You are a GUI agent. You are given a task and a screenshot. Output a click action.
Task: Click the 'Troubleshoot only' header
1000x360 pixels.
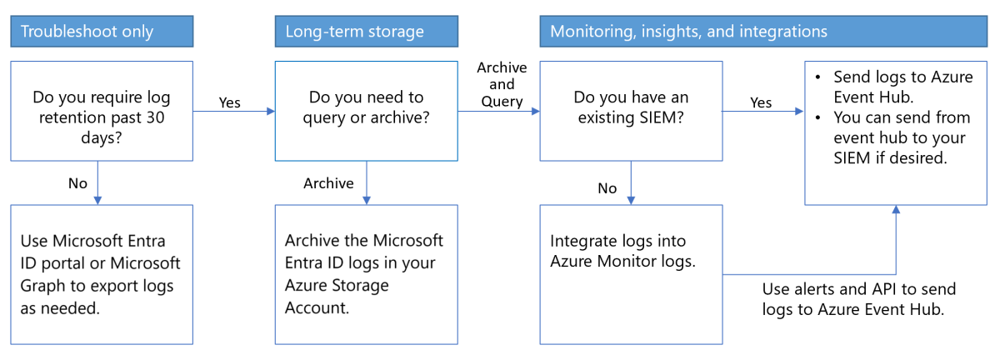pyautogui.click(x=101, y=32)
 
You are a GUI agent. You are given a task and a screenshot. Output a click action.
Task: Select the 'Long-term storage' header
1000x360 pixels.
pyautogui.click(x=366, y=32)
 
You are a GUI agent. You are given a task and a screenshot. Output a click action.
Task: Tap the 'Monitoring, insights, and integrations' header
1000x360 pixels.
pyautogui.click(x=762, y=32)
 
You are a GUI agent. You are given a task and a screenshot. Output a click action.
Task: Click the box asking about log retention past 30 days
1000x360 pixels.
pyautogui.click(x=101, y=109)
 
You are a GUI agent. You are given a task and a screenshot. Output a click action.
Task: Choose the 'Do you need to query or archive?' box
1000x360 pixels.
pyautogui.click(x=366, y=109)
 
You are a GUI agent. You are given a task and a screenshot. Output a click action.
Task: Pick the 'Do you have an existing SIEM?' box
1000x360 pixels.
pyautogui.click(x=631, y=109)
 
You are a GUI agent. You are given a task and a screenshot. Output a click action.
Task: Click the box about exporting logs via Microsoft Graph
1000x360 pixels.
pyautogui.click(x=101, y=273)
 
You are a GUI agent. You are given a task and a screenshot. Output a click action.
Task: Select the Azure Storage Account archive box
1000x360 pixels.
pyautogui.click(x=366, y=273)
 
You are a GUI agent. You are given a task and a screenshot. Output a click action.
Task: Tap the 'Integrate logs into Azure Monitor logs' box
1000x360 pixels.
pyautogui.click(x=631, y=273)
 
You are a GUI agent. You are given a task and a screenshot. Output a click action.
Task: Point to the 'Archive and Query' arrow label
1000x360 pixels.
pyautogui.click(x=500, y=85)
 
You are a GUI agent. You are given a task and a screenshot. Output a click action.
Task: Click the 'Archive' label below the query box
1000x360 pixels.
pyautogui.click(x=328, y=183)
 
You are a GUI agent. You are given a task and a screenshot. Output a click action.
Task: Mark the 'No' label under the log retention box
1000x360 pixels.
pyautogui.click(x=77, y=183)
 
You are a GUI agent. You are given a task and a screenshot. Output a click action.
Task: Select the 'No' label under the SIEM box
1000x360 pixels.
pyautogui.click(x=607, y=188)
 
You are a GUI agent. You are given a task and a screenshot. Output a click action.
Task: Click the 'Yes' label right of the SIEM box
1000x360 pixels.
pyautogui.click(x=761, y=102)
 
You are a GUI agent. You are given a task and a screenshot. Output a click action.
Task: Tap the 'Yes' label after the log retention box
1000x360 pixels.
pyautogui.click(x=229, y=102)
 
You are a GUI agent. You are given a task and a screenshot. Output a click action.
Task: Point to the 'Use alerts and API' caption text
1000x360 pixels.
pyautogui.click(x=859, y=298)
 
